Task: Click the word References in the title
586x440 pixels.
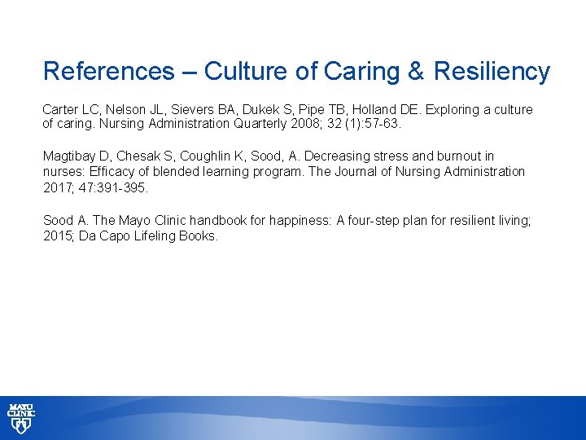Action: [x=108, y=72]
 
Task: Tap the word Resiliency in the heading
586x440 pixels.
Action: [x=492, y=72]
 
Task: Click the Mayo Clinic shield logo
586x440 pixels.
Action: [x=22, y=417]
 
